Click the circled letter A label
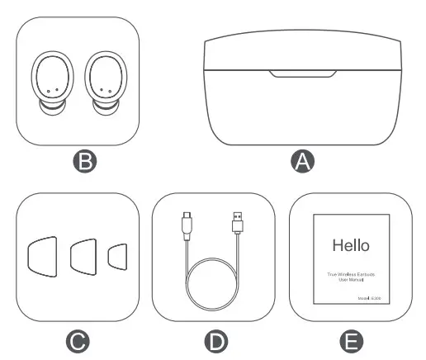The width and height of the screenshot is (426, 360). coord(304,162)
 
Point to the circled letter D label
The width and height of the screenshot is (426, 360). coord(214,340)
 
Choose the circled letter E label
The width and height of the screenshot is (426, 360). coord(350,340)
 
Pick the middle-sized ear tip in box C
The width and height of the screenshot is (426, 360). coord(83,258)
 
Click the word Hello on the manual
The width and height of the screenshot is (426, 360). coord(350,245)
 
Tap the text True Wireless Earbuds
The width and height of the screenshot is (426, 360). coord(350,272)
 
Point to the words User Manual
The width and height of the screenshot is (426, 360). coord(350,279)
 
